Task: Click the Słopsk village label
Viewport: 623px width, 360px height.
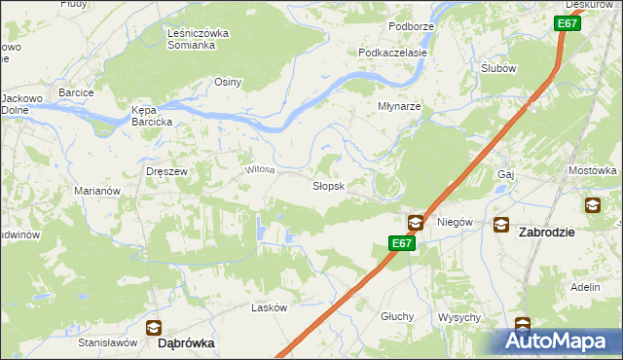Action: pos(327,186)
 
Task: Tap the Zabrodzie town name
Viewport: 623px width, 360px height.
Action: pos(547,233)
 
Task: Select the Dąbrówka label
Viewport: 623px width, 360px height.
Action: pos(186,343)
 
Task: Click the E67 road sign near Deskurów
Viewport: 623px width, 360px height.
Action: pos(569,24)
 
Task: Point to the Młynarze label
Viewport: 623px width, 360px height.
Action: pos(399,106)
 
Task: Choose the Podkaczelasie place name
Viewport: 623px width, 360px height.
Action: pos(393,53)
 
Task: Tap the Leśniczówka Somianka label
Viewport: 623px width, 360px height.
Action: pos(198,39)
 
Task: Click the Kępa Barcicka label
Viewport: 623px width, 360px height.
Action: pos(152,116)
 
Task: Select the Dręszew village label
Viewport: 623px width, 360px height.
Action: pos(165,170)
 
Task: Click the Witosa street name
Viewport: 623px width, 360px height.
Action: pos(260,170)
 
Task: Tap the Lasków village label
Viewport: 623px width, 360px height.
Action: pos(270,307)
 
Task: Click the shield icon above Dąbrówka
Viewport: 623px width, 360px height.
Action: pos(153,327)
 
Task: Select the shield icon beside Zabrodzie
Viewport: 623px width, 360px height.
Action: pos(500,224)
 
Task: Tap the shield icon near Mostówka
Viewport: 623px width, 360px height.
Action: pos(592,204)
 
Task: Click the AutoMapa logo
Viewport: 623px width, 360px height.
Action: pos(561,342)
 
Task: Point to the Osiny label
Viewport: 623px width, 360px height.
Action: pos(228,83)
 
